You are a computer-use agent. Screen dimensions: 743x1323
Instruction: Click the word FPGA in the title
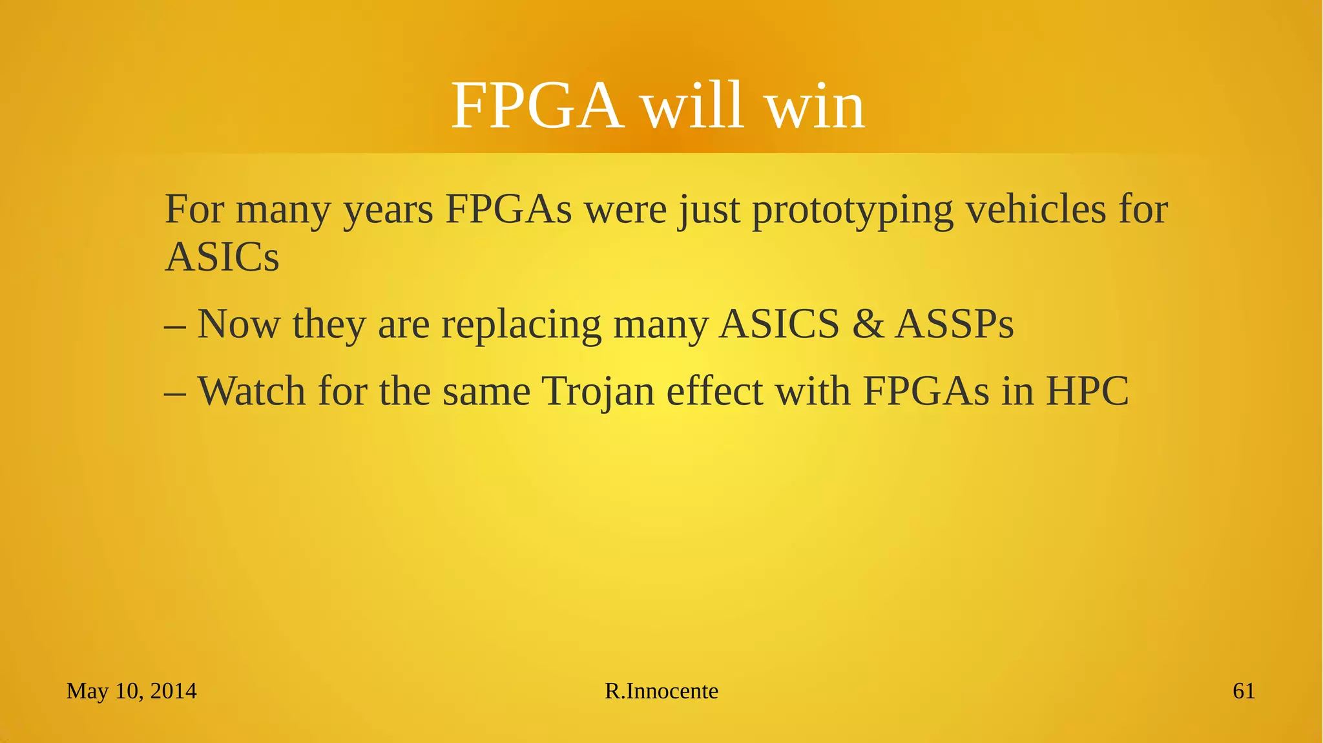(537, 106)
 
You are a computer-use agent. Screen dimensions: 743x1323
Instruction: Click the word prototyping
(853, 211)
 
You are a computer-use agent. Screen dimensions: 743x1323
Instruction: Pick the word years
(388, 211)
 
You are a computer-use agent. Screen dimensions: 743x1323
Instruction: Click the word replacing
(521, 324)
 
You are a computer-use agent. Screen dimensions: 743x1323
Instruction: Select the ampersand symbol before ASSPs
(868, 324)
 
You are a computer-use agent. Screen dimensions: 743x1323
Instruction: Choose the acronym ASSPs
(955, 324)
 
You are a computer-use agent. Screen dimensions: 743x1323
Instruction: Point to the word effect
(714, 391)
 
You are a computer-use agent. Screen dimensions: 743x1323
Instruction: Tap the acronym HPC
(1087, 391)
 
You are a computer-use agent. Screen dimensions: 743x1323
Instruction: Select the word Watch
(251, 391)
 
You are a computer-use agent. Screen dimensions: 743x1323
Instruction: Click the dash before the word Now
(175, 325)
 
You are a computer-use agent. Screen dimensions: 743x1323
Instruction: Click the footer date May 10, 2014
(132, 691)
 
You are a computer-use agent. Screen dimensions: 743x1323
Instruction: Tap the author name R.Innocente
(661, 691)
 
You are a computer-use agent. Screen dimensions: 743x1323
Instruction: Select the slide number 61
(1244, 691)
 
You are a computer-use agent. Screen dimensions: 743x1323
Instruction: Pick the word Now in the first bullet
(238, 324)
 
